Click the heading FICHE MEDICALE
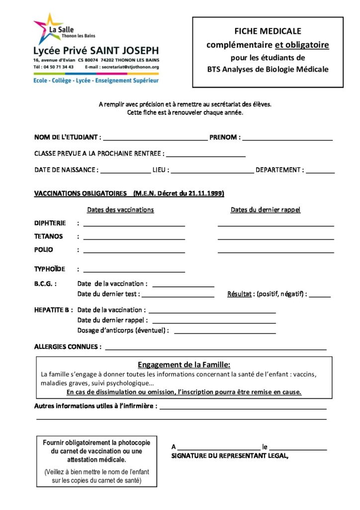pyautogui.click(x=268, y=31)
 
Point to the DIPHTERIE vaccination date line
pyautogui.click(x=134, y=225)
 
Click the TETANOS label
pyautogui.click(x=49, y=236)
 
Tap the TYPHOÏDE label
pyautogui.click(x=50, y=269)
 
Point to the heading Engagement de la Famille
pyautogui.click(x=184, y=364)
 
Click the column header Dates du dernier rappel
pyautogui.click(x=266, y=210)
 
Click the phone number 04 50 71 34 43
pyautogui.click(x=59, y=67)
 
